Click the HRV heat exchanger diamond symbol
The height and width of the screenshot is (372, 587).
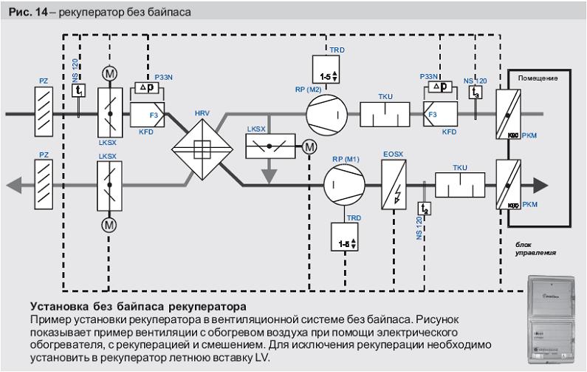(198, 146)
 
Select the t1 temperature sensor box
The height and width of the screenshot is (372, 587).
(80, 89)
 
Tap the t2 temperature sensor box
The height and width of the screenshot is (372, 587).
(425, 209)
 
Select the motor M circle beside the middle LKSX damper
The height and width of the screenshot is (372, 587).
(309, 147)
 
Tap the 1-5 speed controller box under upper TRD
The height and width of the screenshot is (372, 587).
(325, 75)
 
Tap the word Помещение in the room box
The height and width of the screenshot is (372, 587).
(538, 78)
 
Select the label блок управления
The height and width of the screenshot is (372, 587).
(535, 248)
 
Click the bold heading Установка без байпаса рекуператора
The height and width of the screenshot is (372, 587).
(138, 305)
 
